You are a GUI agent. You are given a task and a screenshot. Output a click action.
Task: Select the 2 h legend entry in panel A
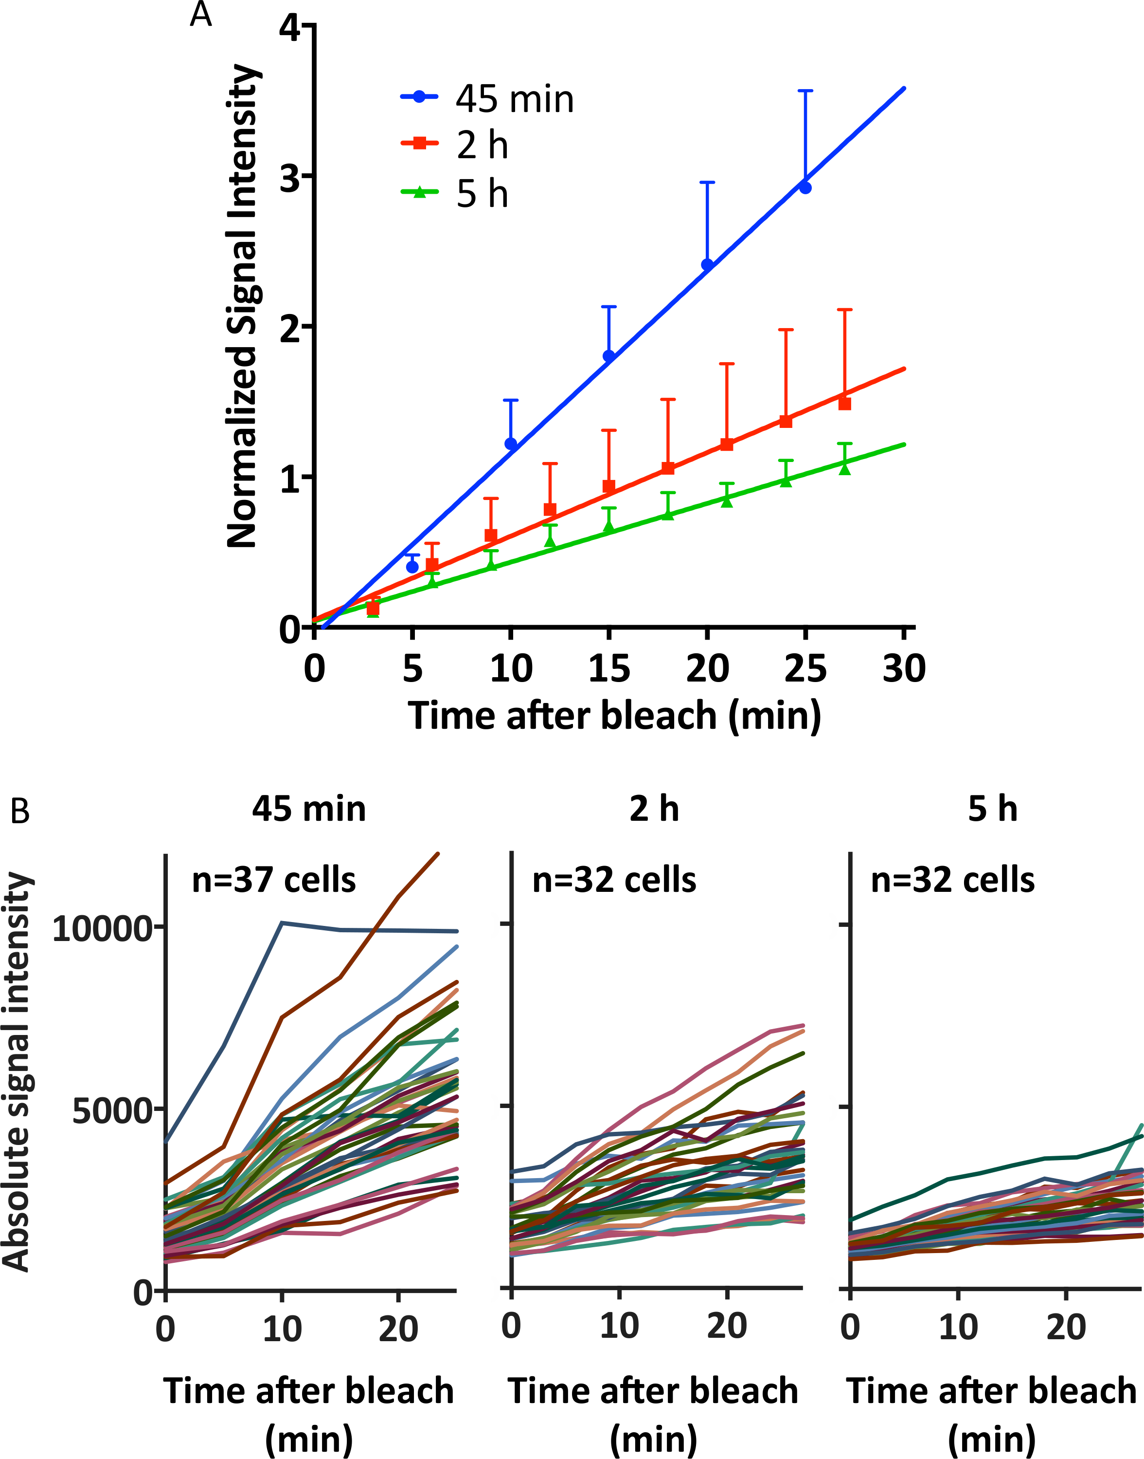(455, 146)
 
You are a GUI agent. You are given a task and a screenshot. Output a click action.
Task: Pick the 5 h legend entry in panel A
(455, 194)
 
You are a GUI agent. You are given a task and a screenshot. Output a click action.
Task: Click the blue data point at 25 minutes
(805, 187)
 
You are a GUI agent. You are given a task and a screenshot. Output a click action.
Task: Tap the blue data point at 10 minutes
(511, 443)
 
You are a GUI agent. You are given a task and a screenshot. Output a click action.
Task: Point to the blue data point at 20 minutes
(707, 265)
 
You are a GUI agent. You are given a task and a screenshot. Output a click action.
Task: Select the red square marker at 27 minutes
(844, 404)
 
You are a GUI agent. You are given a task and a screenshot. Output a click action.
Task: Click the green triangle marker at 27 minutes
(844, 468)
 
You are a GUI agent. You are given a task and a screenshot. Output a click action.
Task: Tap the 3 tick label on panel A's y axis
(290, 177)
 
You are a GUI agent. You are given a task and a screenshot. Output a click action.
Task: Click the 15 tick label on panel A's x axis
(609, 669)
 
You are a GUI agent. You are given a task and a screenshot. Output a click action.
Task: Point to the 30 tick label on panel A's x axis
(904, 669)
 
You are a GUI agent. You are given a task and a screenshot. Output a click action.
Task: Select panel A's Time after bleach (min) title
(614, 716)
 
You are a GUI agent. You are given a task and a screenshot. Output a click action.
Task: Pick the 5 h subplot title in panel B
(993, 809)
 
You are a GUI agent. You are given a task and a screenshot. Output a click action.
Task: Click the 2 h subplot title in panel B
(654, 809)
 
